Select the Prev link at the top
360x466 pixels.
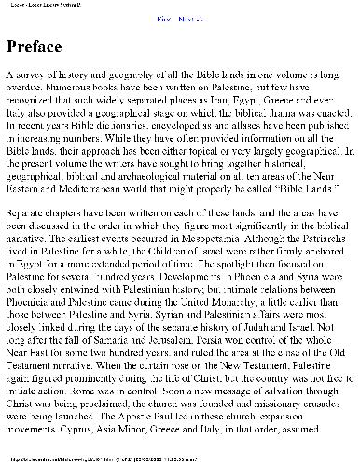tap(162, 19)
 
